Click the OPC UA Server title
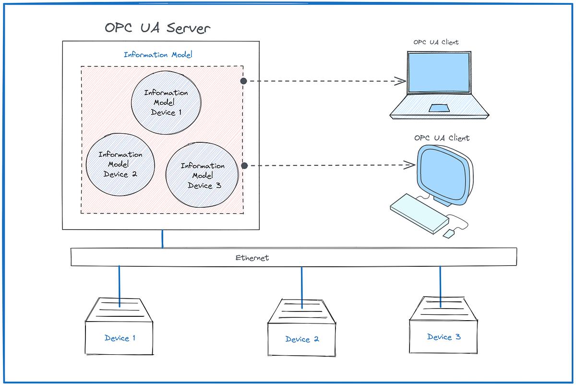click(157, 28)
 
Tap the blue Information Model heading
click(158, 55)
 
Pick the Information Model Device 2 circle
click(120, 164)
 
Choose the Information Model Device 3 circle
click(202, 175)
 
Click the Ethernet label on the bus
click(252, 258)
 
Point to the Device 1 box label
click(120, 338)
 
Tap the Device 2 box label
click(302, 339)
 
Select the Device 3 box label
click(444, 337)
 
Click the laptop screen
click(439, 73)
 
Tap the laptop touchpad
click(439, 107)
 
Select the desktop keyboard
click(418, 213)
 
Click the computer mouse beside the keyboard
click(449, 233)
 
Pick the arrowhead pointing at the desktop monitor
click(410, 165)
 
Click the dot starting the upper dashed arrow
click(244, 81)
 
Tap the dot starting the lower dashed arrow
click(244, 166)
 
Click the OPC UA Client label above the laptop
click(436, 42)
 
